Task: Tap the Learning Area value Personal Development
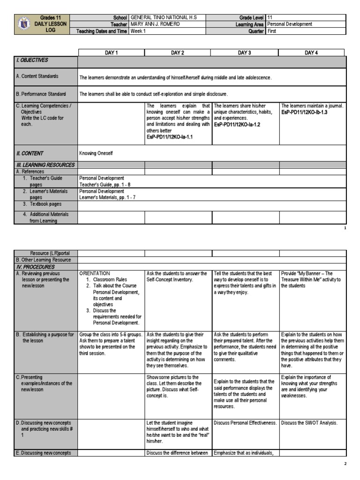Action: [x=289, y=24]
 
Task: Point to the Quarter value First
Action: [x=272, y=31]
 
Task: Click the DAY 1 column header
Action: [x=111, y=53]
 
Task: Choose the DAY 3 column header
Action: [x=244, y=53]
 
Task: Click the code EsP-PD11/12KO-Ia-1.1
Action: [x=170, y=137]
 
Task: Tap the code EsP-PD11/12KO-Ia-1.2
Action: [x=237, y=125]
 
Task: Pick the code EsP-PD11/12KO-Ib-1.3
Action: [x=304, y=112]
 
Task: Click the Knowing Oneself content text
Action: [x=96, y=153]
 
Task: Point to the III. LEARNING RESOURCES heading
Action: [x=45, y=165]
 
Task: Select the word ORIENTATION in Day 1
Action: [x=95, y=273]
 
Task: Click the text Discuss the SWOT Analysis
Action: [x=309, y=423]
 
